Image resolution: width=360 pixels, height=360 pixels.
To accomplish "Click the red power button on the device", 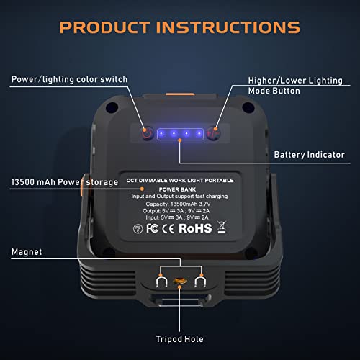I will point(147,133).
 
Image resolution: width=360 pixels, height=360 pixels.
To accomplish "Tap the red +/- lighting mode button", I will point(212,133).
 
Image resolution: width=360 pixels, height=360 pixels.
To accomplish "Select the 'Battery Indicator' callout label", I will point(309,154).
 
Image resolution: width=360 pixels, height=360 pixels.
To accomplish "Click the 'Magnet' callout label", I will point(27,252).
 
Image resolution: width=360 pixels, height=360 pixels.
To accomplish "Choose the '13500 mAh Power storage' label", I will point(64,182).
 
